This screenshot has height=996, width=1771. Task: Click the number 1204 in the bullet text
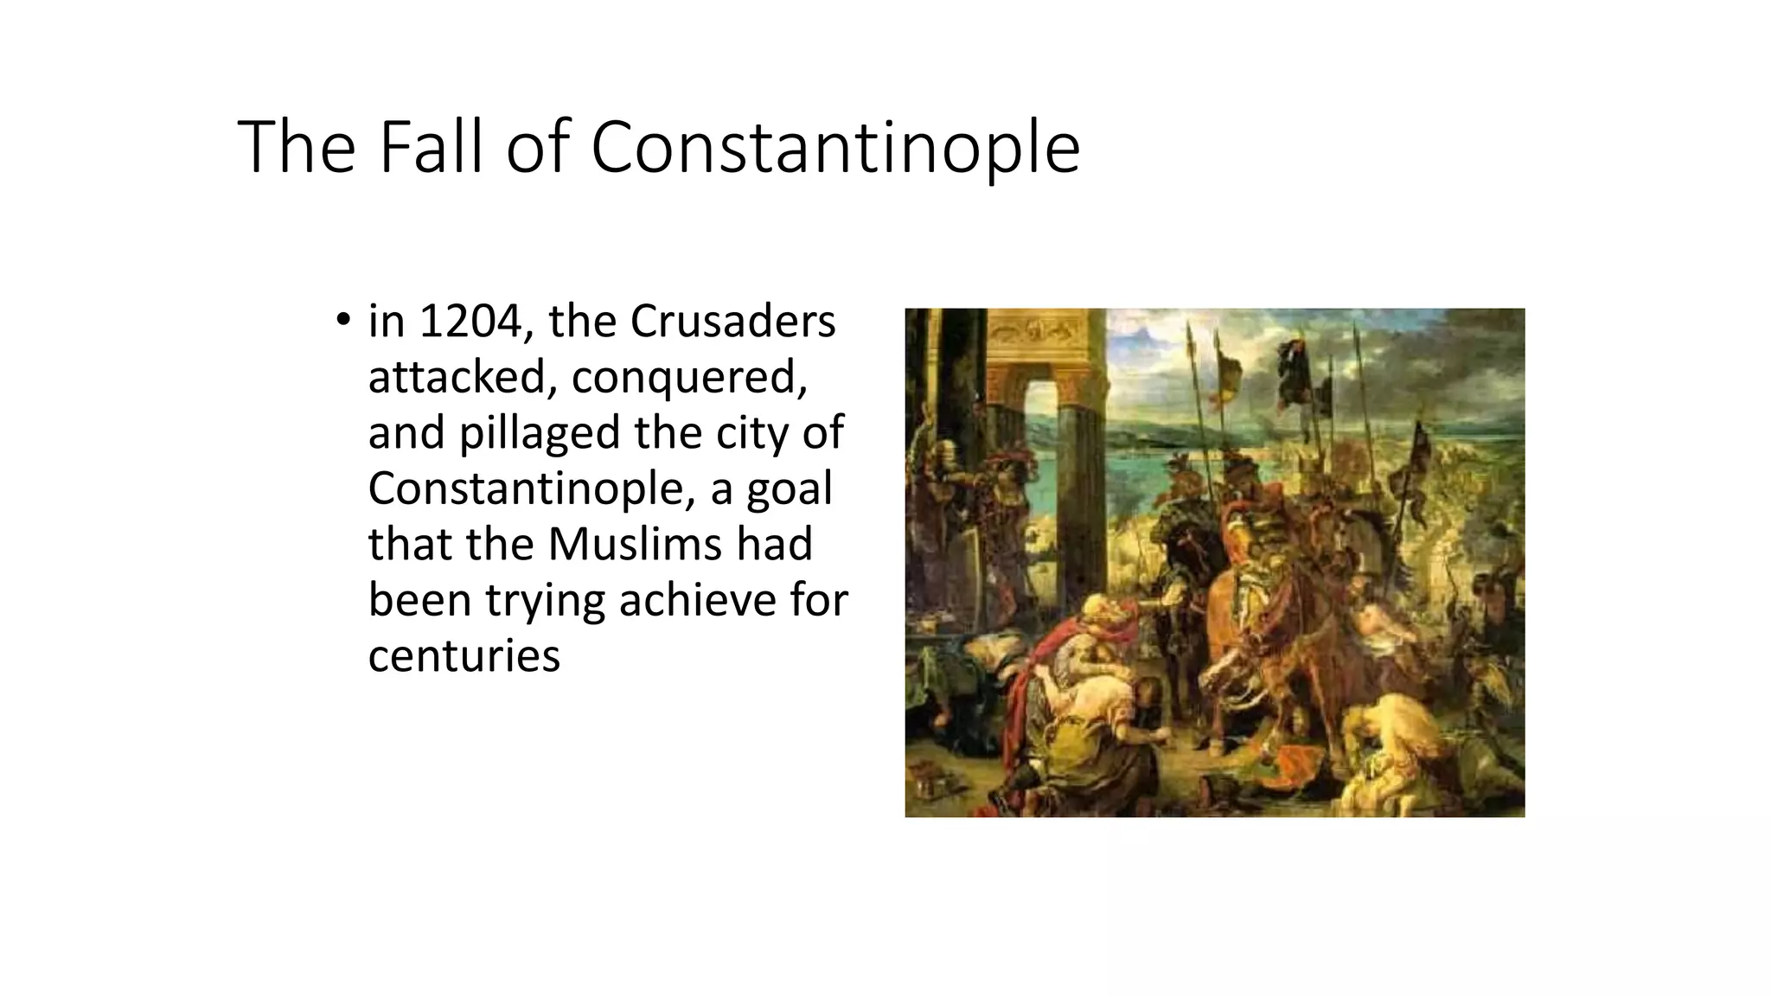point(468,322)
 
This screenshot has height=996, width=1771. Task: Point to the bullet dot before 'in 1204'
point(343,320)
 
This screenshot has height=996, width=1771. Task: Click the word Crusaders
point(732,322)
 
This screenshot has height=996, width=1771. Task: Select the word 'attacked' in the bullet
point(461,377)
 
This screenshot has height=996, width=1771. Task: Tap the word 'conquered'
point(689,379)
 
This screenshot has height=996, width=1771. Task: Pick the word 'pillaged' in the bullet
point(540,434)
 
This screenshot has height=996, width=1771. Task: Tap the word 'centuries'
point(464,655)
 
